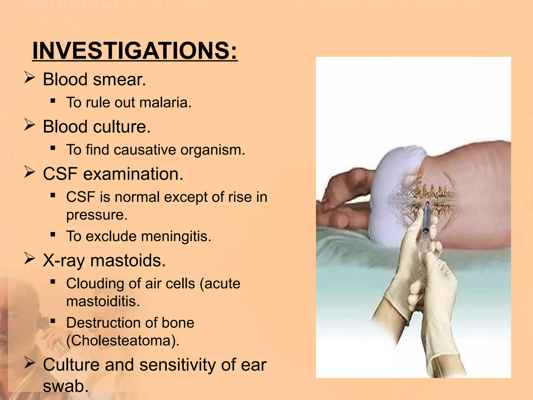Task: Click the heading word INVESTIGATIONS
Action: (x=135, y=51)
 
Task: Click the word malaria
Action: (x=166, y=102)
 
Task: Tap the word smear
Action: (x=119, y=79)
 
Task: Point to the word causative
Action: (x=145, y=150)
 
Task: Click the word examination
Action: (x=133, y=174)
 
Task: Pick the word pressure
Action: (x=97, y=215)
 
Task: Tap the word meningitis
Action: (x=176, y=236)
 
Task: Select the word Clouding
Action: (x=95, y=284)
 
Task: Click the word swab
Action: (x=66, y=386)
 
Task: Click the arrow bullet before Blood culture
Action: (x=29, y=125)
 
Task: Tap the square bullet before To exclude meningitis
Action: (x=53, y=235)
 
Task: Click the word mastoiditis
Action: (x=103, y=301)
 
